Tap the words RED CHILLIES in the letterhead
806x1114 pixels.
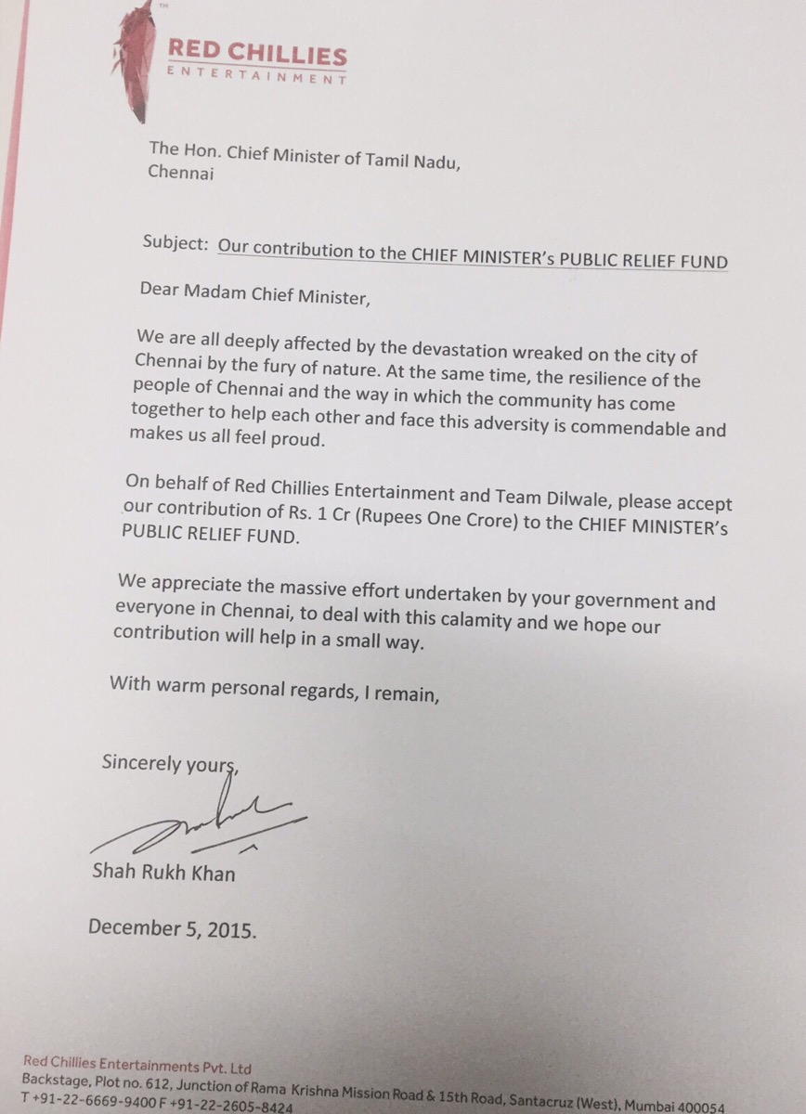(257, 54)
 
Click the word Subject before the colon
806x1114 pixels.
(174, 244)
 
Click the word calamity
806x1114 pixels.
(468, 624)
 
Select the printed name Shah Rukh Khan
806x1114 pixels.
(163, 873)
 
